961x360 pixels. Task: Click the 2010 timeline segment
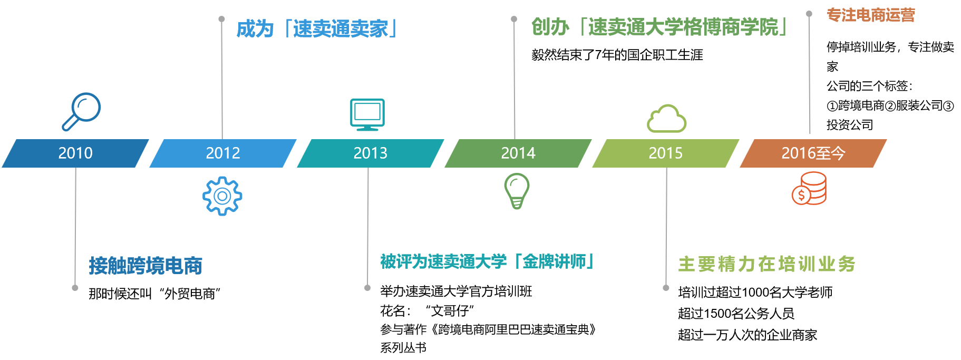pyautogui.click(x=75, y=153)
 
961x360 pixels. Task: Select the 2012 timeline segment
pyautogui.click(x=223, y=153)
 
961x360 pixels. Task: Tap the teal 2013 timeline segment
pyautogui.click(x=371, y=153)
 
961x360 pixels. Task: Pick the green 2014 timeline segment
pyautogui.click(x=518, y=153)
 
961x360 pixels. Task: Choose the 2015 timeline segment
pyautogui.click(x=666, y=153)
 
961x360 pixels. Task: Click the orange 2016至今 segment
pyautogui.click(x=813, y=153)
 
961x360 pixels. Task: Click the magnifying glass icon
pyautogui.click(x=82, y=111)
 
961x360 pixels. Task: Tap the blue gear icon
pyautogui.click(x=222, y=196)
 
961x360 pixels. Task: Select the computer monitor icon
pyautogui.click(x=367, y=114)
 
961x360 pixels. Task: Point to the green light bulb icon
pyautogui.click(x=517, y=190)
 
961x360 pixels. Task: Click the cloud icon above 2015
pyautogui.click(x=666, y=119)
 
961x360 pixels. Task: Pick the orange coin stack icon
pyautogui.click(x=810, y=189)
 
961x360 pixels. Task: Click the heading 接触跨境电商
pyautogui.click(x=145, y=266)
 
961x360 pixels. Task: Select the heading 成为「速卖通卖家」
pyautogui.click(x=317, y=28)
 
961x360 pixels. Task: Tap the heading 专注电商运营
pyautogui.click(x=870, y=15)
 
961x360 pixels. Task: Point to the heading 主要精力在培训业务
pyautogui.click(x=766, y=264)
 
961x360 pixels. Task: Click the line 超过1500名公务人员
pyautogui.click(x=736, y=314)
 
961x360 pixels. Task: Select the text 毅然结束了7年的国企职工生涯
pyautogui.click(x=617, y=55)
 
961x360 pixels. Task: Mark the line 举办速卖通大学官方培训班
pyautogui.click(x=456, y=291)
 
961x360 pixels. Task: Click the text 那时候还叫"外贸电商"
pyautogui.click(x=154, y=294)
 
